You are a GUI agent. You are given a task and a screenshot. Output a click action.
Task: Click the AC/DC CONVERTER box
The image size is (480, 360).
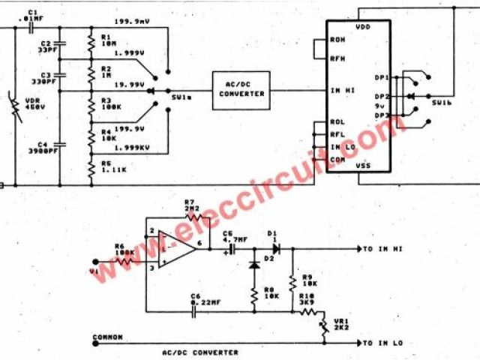(x=241, y=89)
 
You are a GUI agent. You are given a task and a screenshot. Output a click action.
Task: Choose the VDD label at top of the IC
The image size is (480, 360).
(x=361, y=25)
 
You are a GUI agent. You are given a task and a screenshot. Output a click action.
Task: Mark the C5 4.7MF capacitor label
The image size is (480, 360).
(x=231, y=238)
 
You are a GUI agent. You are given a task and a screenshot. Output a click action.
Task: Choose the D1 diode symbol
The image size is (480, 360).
(x=277, y=248)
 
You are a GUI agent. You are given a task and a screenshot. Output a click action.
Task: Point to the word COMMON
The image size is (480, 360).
(x=107, y=337)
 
